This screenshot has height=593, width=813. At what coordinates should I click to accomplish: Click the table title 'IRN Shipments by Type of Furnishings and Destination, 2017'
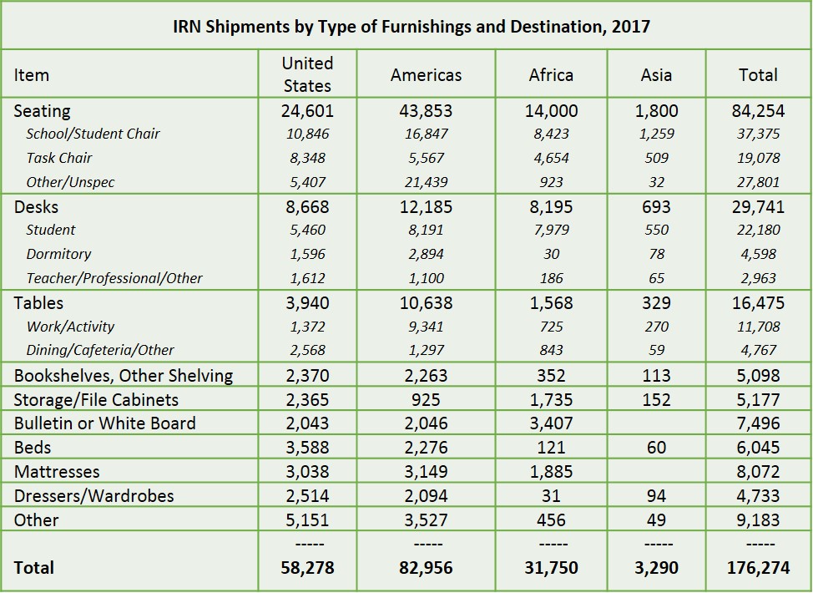click(x=412, y=27)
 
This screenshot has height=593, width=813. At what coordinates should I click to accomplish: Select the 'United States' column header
click(x=307, y=74)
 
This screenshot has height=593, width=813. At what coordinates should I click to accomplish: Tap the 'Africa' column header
click(x=551, y=75)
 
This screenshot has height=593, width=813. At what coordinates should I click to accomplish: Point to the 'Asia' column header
click(x=656, y=75)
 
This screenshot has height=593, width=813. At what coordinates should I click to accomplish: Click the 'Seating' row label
click(x=42, y=111)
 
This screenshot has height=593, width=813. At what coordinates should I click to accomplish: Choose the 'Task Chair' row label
click(x=59, y=158)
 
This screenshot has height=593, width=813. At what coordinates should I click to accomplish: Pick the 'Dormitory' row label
click(x=58, y=254)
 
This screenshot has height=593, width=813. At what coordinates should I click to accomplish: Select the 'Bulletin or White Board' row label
click(x=104, y=423)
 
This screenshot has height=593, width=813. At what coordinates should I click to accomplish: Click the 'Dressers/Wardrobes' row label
click(x=93, y=496)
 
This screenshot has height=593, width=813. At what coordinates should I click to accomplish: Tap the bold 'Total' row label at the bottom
click(x=33, y=568)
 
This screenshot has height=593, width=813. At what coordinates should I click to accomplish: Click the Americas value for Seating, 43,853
click(x=426, y=111)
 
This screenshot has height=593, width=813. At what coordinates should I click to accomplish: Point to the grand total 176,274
click(x=759, y=568)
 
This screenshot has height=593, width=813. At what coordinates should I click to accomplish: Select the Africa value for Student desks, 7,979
click(x=551, y=230)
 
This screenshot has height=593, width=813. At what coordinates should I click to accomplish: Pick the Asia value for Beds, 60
click(x=656, y=448)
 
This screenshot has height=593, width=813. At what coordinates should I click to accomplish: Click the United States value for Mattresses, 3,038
click(x=307, y=472)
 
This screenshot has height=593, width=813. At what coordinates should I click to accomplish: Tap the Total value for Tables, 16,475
click(x=759, y=303)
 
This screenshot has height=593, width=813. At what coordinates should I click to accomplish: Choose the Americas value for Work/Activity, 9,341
click(x=426, y=327)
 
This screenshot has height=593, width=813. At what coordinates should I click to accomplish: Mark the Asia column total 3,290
click(x=656, y=568)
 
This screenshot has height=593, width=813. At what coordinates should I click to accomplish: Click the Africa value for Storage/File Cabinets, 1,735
click(x=551, y=400)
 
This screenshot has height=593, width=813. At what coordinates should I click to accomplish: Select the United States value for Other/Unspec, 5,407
click(x=307, y=182)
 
